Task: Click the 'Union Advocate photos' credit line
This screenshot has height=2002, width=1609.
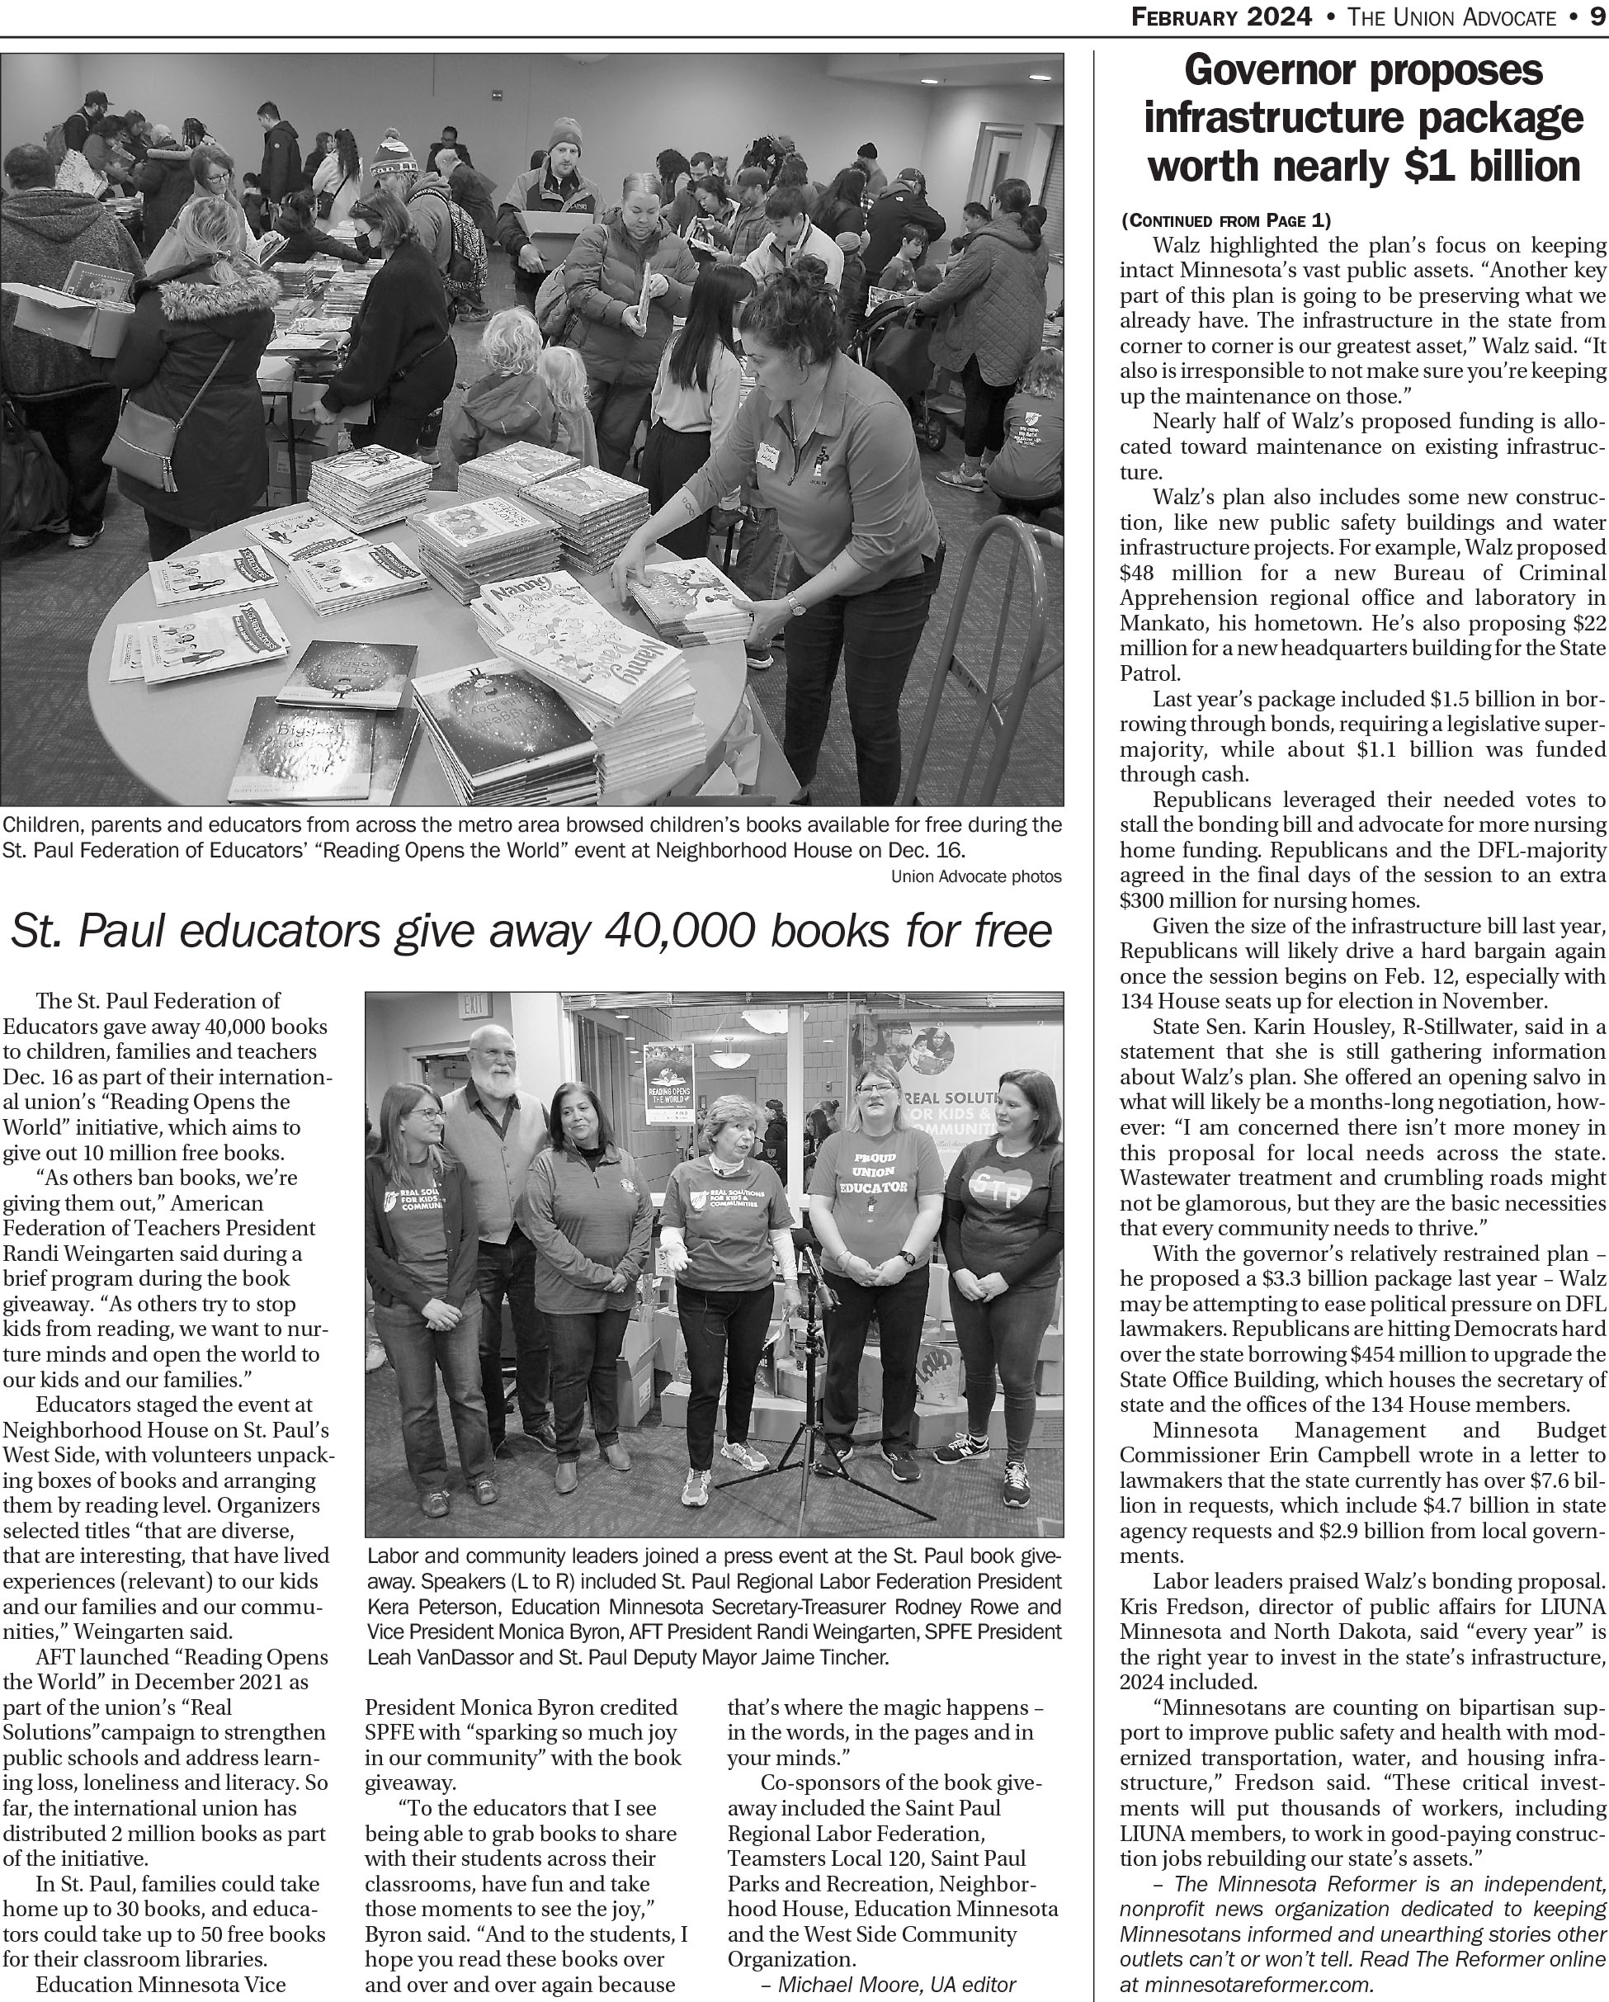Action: tap(976, 876)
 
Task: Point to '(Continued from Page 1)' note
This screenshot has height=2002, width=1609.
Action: tap(1225, 221)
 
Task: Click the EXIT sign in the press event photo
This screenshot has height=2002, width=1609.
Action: tap(474, 1005)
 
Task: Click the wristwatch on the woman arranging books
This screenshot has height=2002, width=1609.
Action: tap(795, 606)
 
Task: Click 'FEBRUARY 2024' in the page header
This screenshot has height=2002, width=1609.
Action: tap(1221, 17)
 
